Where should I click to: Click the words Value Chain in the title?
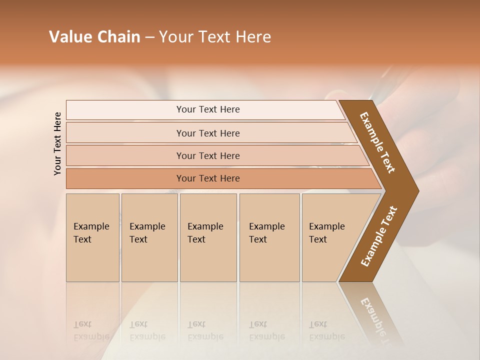click(x=94, y=37)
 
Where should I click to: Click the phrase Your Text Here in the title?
click(x=215, y=37)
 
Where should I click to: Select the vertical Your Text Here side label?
click(x=57, y=143)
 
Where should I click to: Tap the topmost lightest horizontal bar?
click(x=208, y=109)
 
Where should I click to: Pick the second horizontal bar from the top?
click(x=208, y=133)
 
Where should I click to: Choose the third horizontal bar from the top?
click(x=208, y=156)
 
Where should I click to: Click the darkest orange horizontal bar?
click(x=208, y=178)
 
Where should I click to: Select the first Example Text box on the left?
click(x=92, y=237)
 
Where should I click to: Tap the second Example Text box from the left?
click(x=149, y=237)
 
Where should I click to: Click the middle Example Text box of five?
click(x=208, y=237)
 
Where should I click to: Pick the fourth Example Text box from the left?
click(x=269, y=237)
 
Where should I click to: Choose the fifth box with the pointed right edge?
click(x=330, y=237)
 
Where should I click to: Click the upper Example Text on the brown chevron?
click(x=377, y=142)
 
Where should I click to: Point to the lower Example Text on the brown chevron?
click(x=379, y=236)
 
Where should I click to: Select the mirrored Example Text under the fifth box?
click(x=326, y=331)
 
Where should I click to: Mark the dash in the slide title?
click(x=149, y=37)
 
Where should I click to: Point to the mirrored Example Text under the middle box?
click(x=205, y=331)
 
